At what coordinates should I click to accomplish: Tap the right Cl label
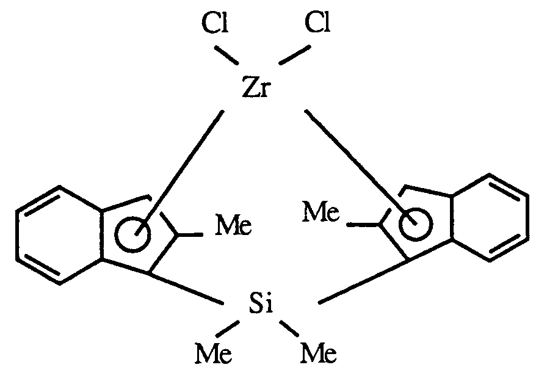(317, 25)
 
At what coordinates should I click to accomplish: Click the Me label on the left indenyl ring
(233, 228)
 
